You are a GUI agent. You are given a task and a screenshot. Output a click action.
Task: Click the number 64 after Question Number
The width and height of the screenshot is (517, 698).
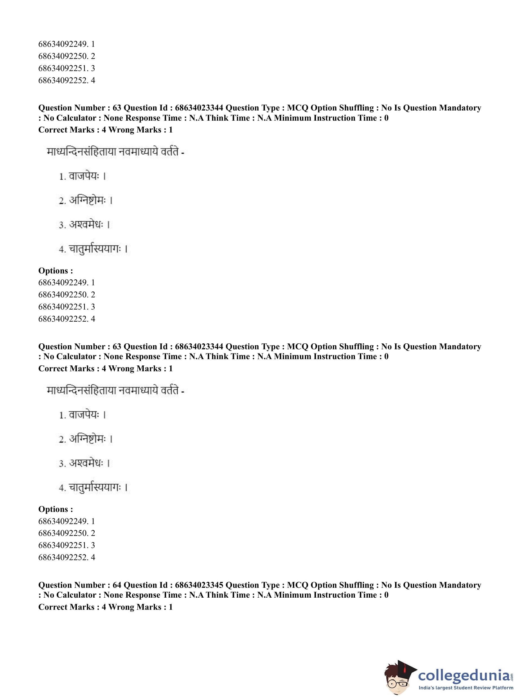[x=117, y=585]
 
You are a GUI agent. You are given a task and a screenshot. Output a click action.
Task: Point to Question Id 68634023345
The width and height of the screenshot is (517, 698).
[x=199, y=585]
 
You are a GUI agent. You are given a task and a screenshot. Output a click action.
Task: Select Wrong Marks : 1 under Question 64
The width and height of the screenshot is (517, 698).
[x=141, y=607]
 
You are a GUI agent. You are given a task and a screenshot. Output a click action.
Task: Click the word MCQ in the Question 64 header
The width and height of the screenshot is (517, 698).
[x=298, y=585]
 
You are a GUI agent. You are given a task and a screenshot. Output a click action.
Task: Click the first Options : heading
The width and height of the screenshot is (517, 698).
[x=56, y=271]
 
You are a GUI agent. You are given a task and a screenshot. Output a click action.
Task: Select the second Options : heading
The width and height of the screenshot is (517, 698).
[x=56, y=509]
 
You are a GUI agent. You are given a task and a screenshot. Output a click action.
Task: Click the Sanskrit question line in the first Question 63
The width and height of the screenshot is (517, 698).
[x=115, y=152]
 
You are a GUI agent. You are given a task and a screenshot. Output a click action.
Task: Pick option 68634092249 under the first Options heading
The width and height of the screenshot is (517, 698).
[x=66, y=282]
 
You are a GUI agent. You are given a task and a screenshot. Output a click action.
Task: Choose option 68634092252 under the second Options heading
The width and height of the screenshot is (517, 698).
[x=66, y=557]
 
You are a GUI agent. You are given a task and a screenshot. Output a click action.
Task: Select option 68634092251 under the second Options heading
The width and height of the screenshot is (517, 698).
[x=66, y=545]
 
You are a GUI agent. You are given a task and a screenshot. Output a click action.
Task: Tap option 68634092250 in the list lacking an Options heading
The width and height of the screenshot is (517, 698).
[x=66, y=56]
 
